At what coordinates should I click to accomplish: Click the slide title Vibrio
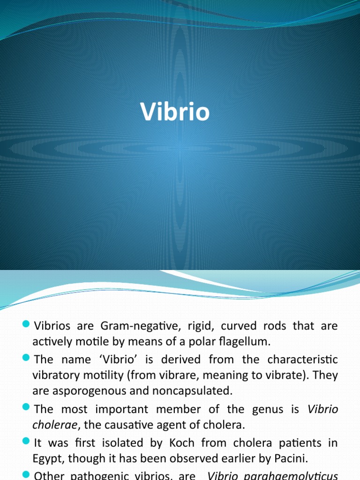(175, 112)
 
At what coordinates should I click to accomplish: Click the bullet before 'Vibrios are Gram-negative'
(26, 325)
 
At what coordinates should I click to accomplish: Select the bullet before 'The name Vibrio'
(26, 359)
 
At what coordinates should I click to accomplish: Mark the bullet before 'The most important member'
(26, 408)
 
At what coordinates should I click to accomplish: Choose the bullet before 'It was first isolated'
(26, 442)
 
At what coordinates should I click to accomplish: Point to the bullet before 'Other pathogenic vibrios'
(26, 475)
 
